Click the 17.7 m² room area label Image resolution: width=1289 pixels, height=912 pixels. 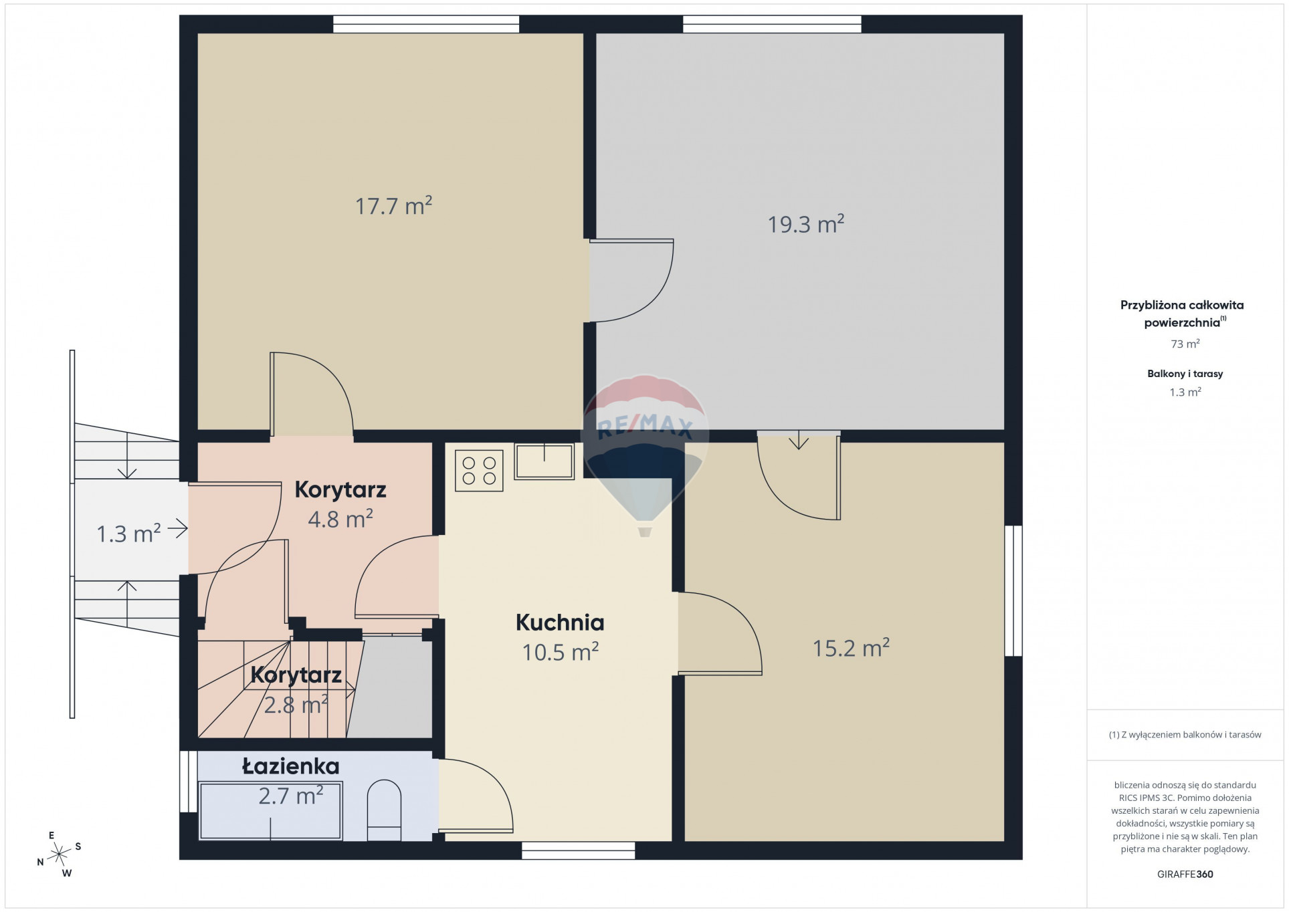[393, 205]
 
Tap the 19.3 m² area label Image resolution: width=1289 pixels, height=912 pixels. [805, 223]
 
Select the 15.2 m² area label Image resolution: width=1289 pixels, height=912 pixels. [851, 647]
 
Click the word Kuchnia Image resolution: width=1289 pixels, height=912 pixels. [560, 622]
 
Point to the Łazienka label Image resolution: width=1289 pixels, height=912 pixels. [291, 766]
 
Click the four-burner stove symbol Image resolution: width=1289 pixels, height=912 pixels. [479, 471]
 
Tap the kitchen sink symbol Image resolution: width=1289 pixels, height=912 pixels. [544, 461]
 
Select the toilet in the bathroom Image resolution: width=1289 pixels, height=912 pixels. [384, 810]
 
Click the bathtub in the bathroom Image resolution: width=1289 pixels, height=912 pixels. [271, 810]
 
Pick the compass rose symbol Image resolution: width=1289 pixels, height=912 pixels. [60, 853]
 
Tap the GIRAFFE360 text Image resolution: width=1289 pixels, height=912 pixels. [1185, 874]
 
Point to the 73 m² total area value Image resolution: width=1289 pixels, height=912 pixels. [1185, 344]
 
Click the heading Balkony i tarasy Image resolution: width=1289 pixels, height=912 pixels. [1185, 374]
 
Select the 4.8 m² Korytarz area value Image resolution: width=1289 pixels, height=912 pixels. [340, 519]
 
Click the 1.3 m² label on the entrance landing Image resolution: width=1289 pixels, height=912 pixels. [128, 534]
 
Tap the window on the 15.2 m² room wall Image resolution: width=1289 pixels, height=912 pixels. [1014, 590]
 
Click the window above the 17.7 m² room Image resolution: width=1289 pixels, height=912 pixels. [426, 24]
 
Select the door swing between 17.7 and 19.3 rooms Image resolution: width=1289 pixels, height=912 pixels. [631, 280]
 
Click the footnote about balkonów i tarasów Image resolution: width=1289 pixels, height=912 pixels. [1185, 735]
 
